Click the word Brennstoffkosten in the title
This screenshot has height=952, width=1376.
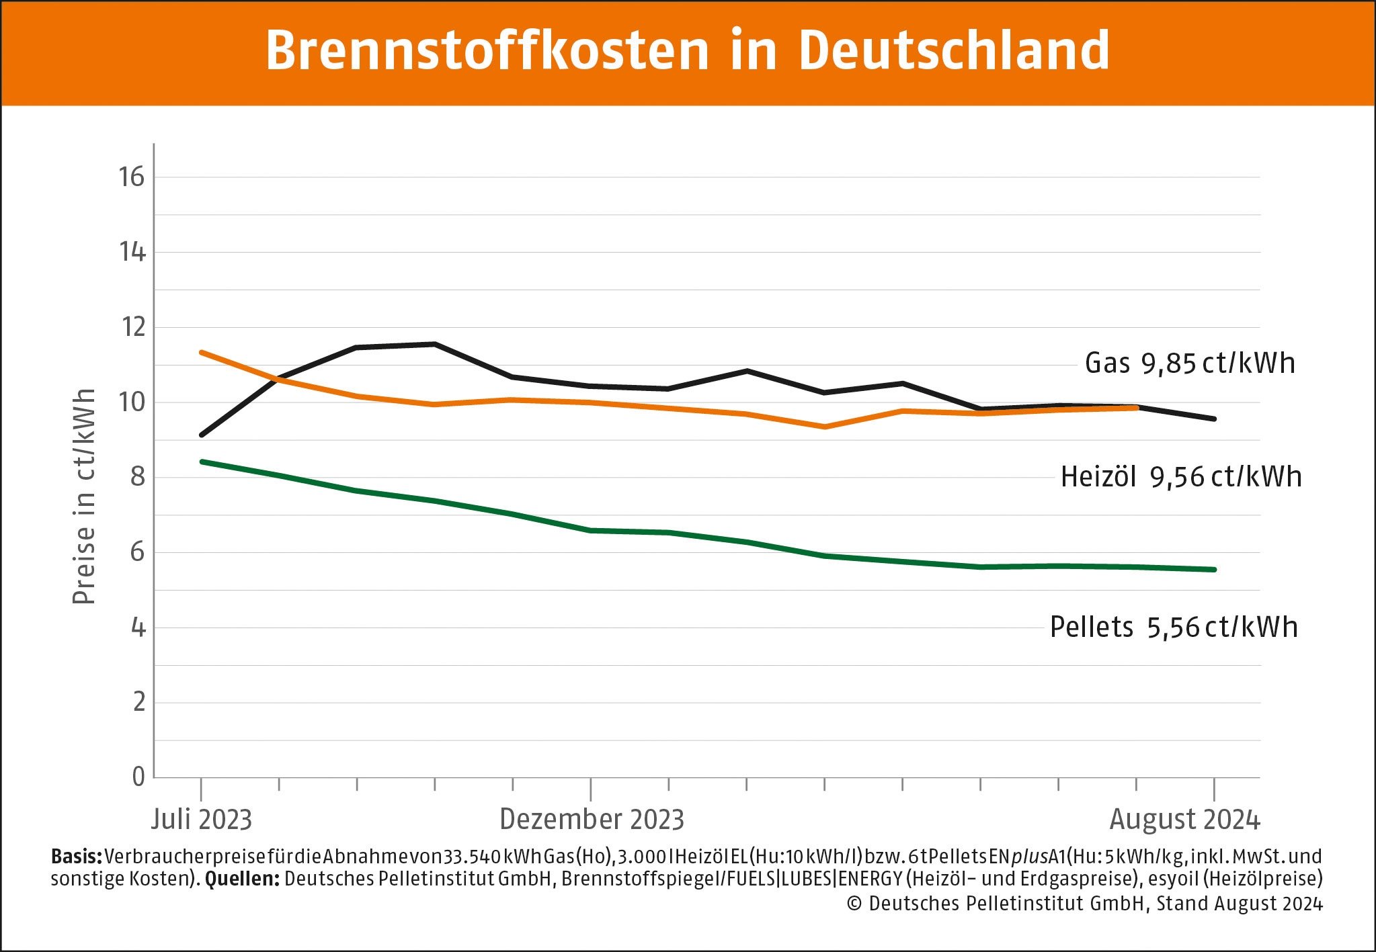click(x=487, y=50)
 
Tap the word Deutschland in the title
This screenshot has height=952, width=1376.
click(x=954, y=50)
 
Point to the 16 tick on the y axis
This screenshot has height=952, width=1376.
click(x=132, y=177)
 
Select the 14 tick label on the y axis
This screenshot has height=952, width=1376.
click(x=132, y=253)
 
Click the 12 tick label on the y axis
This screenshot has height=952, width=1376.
click(x=132, y=328)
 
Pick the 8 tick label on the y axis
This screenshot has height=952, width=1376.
click(x=137, y=477)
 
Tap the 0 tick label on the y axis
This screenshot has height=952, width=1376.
click(x=138, y=777)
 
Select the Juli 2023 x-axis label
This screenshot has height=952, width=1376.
click(x=201, y=820)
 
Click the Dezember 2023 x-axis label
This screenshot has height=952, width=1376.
click(x=592, y=820)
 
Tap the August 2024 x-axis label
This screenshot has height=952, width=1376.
click(x=1184, y=820)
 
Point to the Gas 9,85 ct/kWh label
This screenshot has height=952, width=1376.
click(x=1189, y=363)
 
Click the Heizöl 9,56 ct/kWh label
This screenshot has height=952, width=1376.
click(x=1181, y=477)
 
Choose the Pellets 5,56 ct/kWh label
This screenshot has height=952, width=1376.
click(x=1174, y=628)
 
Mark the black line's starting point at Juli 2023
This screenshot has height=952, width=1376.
click(x=202, y=435)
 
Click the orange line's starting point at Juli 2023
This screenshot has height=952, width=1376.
click(x=202, y=352)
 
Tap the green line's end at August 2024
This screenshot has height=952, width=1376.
click(x=1214, y=570)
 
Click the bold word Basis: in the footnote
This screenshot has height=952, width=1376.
click(x=76, y=857)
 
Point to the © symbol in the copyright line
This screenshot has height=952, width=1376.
click(x=854, y=904)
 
